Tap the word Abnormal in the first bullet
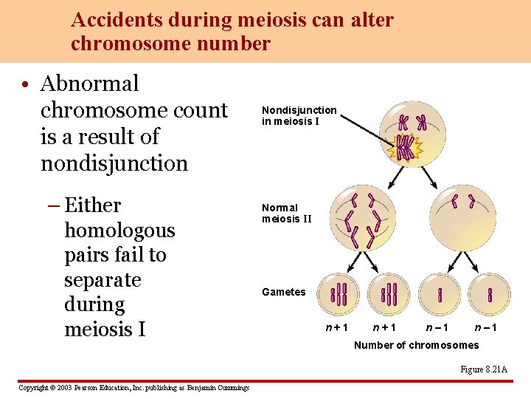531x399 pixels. [x=89, y=83]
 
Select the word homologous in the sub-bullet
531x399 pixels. [x=119, y=231]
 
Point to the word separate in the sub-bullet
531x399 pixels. [x=103, y=280]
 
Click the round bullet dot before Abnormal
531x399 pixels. [x=26, y=85]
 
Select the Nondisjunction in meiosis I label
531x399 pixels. [x=299, y=115]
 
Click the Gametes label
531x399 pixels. [x=283, y=292]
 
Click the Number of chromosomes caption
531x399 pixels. [x=416, y=345]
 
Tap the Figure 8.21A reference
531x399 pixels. [x=484, y=369]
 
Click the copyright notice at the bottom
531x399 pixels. [x=133, y=388]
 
